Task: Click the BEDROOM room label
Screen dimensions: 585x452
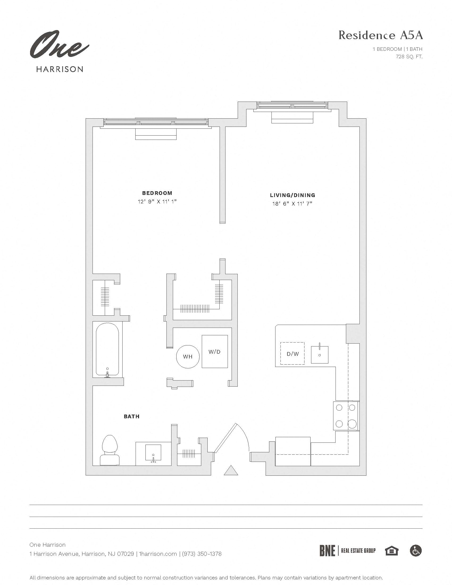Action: [157, 193]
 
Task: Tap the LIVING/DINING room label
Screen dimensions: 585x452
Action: [292, 195]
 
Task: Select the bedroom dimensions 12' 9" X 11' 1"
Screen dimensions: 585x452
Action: [157, 202]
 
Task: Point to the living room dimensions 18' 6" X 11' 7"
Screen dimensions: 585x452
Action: [292, 204]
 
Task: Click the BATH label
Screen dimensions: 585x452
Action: [131, 416]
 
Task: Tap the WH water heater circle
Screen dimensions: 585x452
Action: [188, 357]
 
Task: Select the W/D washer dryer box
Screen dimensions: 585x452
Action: [215, 352]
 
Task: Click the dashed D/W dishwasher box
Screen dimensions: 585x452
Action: [292, 354]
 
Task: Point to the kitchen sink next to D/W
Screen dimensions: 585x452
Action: [319, 354]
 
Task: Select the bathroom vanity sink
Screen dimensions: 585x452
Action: [153, 453]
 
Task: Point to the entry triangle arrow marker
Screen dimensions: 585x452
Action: [231, 471]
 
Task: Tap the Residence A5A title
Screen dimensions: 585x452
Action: [380, 35]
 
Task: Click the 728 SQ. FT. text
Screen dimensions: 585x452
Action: [409, 57]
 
